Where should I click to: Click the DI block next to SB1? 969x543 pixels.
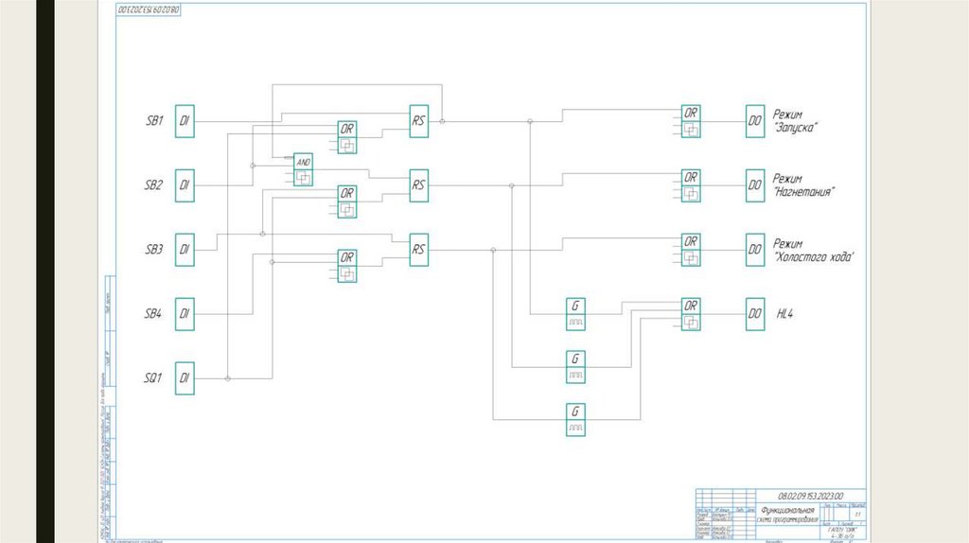coord(185,121)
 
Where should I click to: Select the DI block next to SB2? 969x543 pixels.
coord(185,185)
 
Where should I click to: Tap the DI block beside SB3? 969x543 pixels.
coord(185,250)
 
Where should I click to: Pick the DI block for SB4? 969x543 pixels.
coord(185,314)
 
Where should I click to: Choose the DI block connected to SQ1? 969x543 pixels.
coord(185,378)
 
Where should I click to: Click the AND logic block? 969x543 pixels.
coord(303,168)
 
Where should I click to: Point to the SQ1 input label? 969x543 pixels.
coord(152,378)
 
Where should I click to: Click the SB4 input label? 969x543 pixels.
coord(153,314)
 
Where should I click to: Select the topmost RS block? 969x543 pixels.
coord(418,121)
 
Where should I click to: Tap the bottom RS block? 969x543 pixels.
coord(418,250)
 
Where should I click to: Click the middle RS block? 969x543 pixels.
coord(418,185)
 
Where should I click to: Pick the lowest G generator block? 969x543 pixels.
coord(575,419)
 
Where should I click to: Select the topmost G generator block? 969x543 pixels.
coord(575,313)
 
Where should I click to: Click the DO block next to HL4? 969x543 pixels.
coord(754,314)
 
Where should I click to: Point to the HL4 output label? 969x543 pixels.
coord(784,314)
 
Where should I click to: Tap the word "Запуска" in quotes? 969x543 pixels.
coord(795,128)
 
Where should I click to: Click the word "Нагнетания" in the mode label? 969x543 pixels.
coord(803,192)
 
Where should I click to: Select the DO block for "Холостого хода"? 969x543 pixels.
coord(754,250)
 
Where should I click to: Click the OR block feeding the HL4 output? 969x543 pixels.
coord(691,314)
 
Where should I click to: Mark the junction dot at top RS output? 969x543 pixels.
coord(442,121)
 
